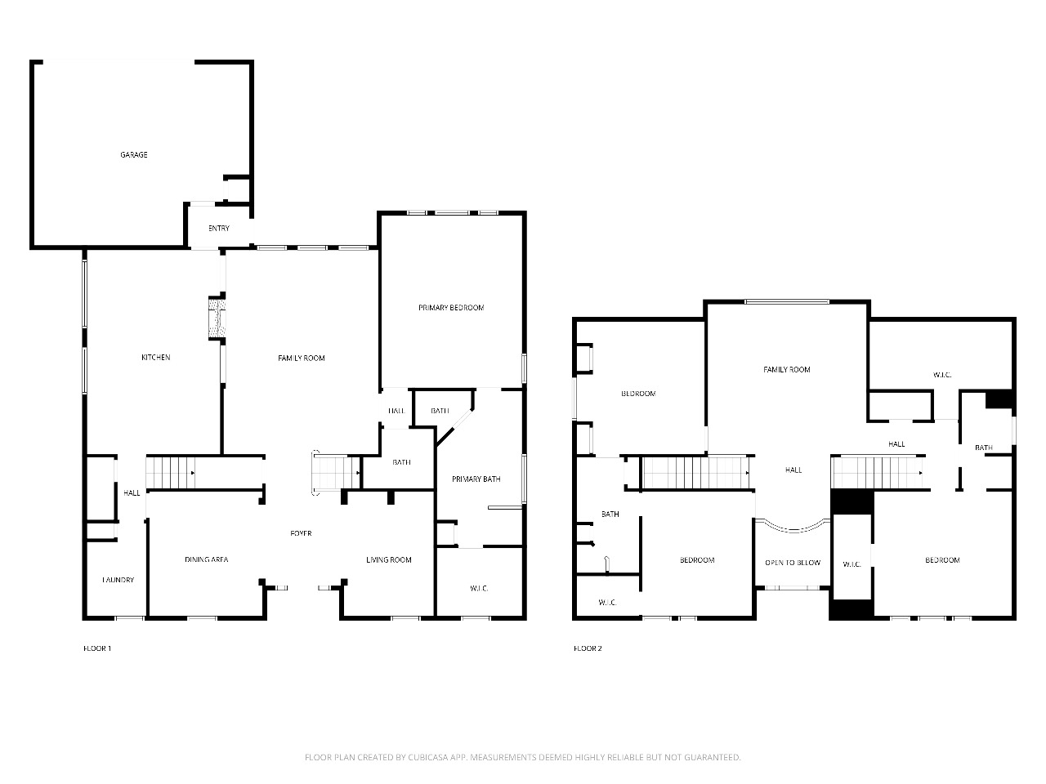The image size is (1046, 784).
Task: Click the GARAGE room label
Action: tap(134, 154)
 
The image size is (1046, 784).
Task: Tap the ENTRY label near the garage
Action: tap(219, 229)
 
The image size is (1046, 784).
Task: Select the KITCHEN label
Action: tap(156, 358)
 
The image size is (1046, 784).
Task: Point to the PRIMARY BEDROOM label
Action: tap(451, 308)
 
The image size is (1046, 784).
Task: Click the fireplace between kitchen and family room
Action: tap(217, 318)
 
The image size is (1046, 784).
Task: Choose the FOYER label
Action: tap(302, 533)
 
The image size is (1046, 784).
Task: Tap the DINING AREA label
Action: tap(207, 559)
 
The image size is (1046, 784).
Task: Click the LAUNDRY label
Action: tap(118, 580)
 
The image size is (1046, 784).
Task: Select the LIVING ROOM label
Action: tap(389, 559)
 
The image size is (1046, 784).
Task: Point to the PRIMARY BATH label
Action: tap(476, 479)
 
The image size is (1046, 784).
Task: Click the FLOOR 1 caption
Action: tap(97, 648)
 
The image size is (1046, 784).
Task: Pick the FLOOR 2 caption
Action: tap(588, 648)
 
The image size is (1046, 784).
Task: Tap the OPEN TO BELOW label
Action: tap(793, 563)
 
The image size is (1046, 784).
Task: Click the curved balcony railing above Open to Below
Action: tap(793, 529)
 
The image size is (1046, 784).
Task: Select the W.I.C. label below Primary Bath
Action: tap(479, 588)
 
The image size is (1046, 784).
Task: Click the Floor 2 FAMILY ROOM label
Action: tap(787, 369)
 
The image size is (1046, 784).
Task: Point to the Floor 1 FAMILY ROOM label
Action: tap(302, 358)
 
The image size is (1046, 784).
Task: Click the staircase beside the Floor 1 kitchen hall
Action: tap(170, 472)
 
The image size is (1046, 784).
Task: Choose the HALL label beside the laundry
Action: tap(132, 493)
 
